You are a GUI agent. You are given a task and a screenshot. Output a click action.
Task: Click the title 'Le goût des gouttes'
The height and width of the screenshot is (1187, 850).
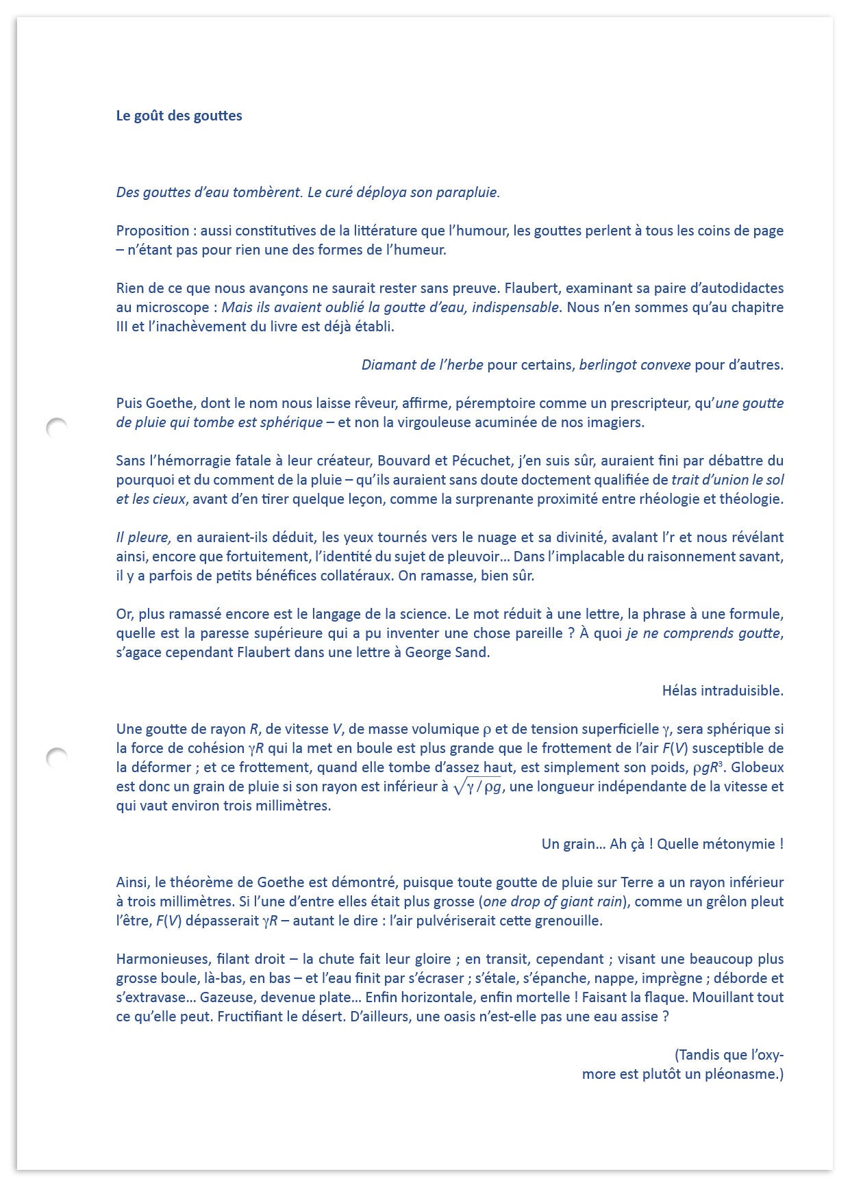[179, 116]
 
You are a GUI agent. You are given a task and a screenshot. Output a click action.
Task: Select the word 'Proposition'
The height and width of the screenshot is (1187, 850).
[152, 231]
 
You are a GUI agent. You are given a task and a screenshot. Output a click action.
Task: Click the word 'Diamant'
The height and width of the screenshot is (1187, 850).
[387, 365]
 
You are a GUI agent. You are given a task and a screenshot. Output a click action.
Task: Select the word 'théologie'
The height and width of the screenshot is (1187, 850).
[751, 499]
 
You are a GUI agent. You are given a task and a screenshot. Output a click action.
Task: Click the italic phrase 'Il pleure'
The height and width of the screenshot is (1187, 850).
[143, 537]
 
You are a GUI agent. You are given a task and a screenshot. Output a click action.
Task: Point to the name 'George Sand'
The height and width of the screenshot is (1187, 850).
[446, 652]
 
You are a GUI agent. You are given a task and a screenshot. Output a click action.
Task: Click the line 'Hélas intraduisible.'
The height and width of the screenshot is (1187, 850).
[722, 691]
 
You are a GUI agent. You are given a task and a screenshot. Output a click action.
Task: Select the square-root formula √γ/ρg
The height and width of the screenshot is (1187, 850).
[478, 787]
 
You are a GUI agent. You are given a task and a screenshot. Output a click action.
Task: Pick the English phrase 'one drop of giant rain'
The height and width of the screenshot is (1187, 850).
[553, 902]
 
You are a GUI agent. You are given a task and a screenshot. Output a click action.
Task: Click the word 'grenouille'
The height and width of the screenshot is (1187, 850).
[567, 921]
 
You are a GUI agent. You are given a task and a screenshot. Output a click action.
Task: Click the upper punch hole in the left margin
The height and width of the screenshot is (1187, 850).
[57, 429]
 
